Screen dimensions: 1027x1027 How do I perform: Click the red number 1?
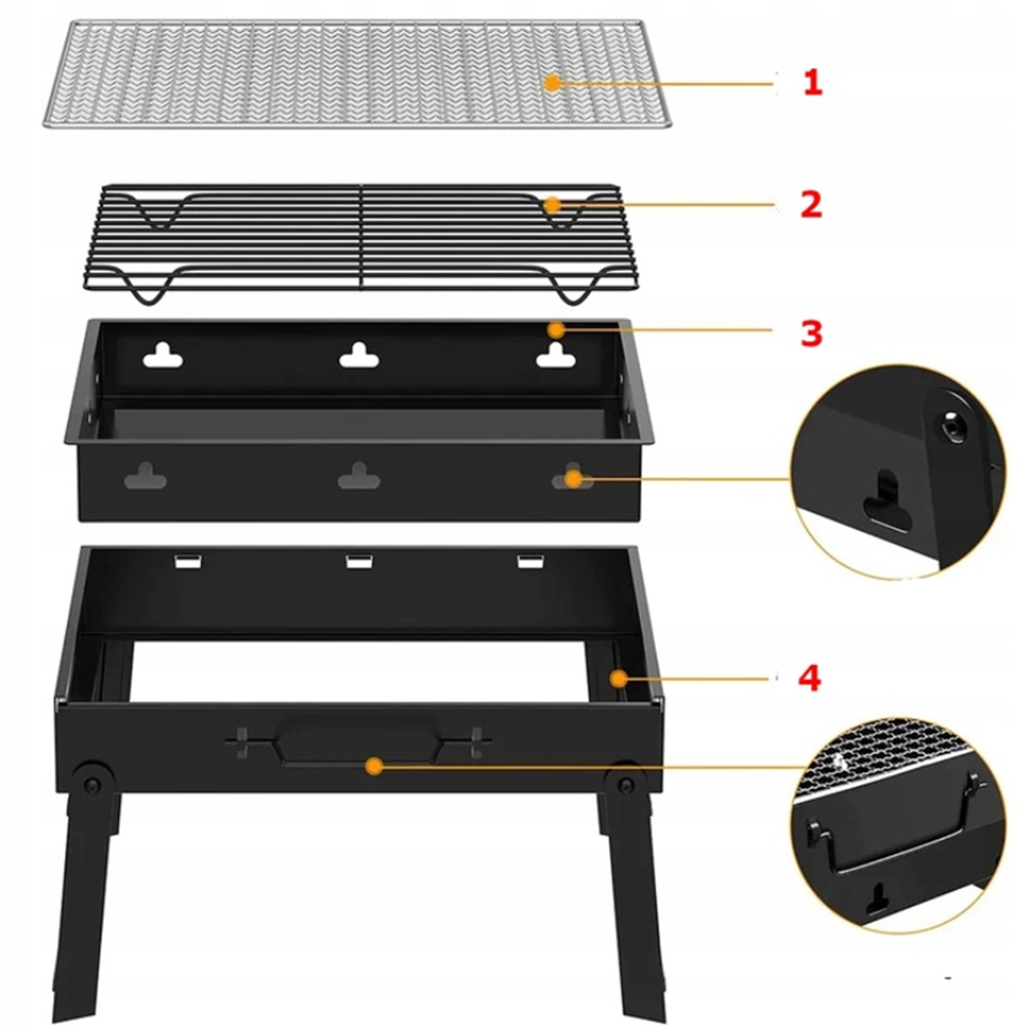(813, 83)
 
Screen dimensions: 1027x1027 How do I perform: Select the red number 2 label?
(811, 205)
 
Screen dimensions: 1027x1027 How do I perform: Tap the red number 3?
(811, 333)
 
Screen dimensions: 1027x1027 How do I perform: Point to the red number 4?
(810, 678)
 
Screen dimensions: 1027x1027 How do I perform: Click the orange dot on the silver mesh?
(552, 83)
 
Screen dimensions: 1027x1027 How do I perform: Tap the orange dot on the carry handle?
(374, 765)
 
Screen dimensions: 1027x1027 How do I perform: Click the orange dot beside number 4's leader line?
(619, 678)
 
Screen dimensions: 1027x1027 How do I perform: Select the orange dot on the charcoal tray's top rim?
(557, 331)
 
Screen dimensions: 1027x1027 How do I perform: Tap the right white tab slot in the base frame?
(532, 562)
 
